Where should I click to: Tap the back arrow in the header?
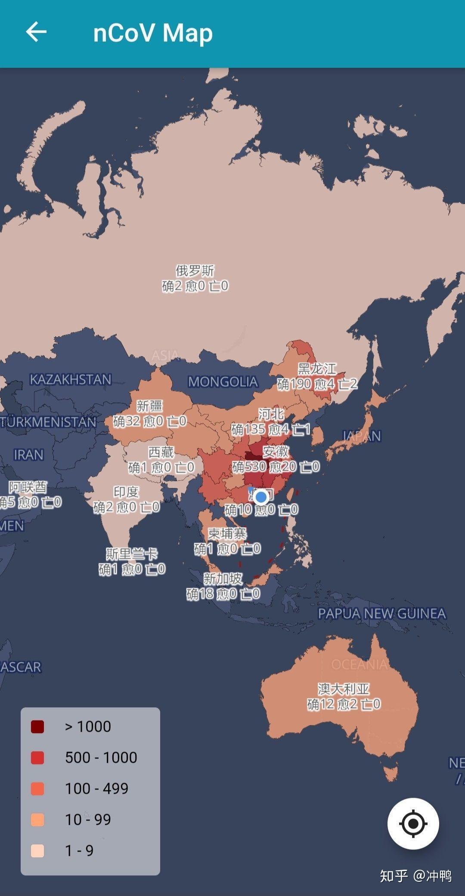36,32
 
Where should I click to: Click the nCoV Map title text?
153,33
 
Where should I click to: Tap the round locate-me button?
413,824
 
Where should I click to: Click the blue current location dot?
260,497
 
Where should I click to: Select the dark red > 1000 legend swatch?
37,726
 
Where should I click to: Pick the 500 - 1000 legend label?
101,757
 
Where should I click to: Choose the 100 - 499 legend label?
96,788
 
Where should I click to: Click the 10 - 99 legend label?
88,819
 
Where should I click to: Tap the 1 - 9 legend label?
79,850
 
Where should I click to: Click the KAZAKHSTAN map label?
71,379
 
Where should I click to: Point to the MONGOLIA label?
223,381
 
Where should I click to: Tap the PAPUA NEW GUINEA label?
381,613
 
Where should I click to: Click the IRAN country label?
28,454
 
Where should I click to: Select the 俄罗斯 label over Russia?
195,271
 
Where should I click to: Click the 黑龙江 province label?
317,368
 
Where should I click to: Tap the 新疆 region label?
149,406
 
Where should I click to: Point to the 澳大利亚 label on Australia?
343,688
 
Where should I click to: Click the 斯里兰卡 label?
132,553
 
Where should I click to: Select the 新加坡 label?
223,578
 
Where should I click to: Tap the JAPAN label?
362,436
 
